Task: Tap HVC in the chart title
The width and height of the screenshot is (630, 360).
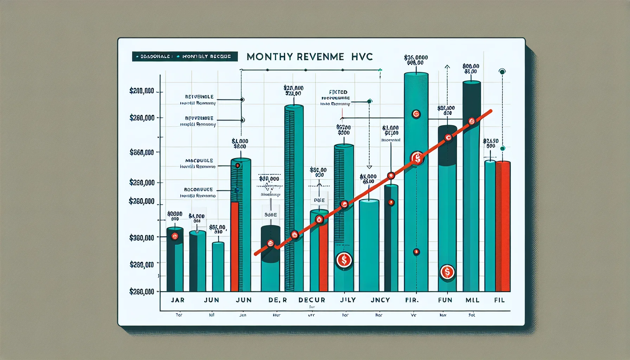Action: tap(361, 57)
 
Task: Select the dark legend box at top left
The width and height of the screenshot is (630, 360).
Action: tap(185, 56)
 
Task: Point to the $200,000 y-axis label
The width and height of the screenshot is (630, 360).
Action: tap(142, 91)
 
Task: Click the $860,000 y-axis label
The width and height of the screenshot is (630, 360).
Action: tap(142, 152)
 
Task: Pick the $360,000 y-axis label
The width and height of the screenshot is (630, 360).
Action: tap(142, 238)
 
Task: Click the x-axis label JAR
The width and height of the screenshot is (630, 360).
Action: tap(178, 300)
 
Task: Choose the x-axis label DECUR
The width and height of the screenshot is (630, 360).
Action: tap(312, 300)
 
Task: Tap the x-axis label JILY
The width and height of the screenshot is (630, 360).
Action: tap(348, 300)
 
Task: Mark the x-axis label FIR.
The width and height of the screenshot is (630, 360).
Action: tap(412, 300)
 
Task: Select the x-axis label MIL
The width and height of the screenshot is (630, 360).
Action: tap(472, 300)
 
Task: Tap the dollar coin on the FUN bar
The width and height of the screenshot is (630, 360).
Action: tap(447, 272)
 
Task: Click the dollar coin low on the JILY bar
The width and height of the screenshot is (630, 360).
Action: tap(344, 260)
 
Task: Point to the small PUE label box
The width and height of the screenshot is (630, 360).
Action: tap(319, 200)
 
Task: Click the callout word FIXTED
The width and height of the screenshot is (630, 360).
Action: tap(339, 92)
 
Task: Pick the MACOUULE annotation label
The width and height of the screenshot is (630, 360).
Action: tap(199, 161)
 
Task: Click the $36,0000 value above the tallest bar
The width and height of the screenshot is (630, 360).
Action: tap(416, 57)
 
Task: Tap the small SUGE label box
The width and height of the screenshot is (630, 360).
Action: tap(271, 214)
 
